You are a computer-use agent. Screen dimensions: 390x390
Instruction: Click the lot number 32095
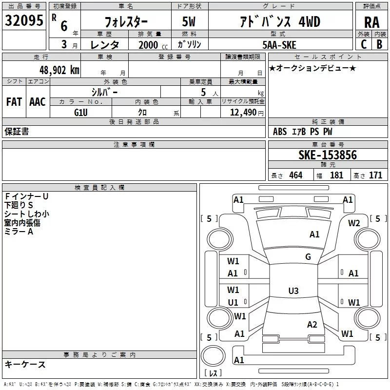pos(24,20)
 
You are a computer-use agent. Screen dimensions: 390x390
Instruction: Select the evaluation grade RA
pos(371,22)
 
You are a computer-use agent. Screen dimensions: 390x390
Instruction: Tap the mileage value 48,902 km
pos(59,70)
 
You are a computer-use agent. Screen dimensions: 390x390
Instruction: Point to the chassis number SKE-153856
pos(328,155)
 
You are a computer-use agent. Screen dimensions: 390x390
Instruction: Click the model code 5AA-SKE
pos(279,45)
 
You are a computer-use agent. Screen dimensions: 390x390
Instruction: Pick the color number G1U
pos(81,113)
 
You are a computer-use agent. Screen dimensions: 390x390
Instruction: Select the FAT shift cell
pos(14,102)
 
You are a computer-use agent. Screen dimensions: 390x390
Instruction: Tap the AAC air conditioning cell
pos(38,102)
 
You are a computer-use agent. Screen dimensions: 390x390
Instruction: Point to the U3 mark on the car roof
pos(293,291)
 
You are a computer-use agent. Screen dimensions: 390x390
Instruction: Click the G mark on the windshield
pos(308,256)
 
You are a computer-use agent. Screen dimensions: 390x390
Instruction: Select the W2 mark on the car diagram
pos(354,223)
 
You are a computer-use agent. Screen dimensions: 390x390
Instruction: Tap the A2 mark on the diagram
pos(312,324)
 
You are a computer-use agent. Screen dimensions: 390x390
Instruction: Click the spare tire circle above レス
pos(213,356)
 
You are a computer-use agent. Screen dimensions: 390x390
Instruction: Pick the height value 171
pos(375,175)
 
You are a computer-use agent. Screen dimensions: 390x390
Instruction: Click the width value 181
pos(336,175)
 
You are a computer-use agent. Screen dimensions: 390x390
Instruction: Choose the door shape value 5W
pos(189,22)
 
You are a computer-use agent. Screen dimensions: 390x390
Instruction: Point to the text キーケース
pos(25,364)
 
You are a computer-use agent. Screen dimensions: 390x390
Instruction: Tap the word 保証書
pos(17,131)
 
